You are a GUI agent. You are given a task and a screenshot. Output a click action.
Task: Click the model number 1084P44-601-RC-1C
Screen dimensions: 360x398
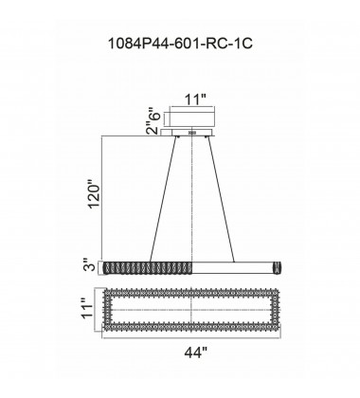(x=180, y=44)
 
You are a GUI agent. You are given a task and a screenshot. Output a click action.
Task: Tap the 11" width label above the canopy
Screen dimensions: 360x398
(x=195, y=99)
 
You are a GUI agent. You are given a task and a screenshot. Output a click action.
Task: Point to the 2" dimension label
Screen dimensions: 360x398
(x=153, y=130)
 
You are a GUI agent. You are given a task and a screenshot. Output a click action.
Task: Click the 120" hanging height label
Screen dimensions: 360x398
(x=94, y=194)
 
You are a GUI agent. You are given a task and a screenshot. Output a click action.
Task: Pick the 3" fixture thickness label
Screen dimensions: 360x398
(x=91, y=264)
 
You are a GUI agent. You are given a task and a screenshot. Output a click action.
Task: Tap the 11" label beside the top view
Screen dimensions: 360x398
(x=87, y=307)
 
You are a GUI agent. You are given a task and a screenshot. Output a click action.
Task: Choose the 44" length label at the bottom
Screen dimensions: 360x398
(x=195, y=353)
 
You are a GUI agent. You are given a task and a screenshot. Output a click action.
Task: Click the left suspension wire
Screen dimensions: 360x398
(x=163, y=199)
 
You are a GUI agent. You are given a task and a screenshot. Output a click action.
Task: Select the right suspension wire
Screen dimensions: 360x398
(x=222, y=199)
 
